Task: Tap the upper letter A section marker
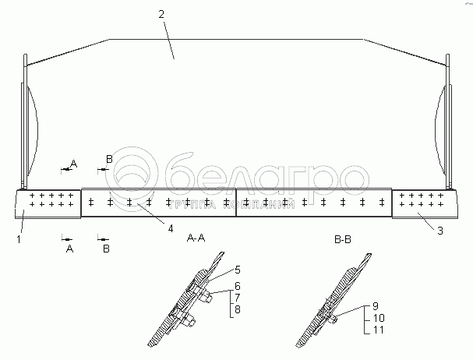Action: (x=74, y=163)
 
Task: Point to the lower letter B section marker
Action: (x=106, y=249)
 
